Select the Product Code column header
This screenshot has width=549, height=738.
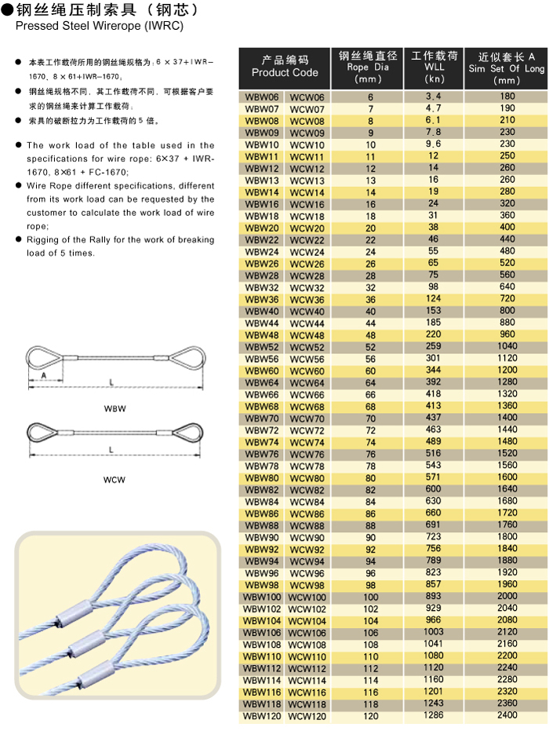285,67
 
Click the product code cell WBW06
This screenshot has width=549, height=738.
261,97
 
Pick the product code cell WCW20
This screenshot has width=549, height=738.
307,228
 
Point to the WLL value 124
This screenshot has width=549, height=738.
434,299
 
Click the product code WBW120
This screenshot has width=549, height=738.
261,716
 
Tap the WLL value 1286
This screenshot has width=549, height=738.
434,716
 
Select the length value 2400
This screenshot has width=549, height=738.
507,716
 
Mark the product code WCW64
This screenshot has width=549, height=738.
307,382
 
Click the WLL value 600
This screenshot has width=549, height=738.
434,489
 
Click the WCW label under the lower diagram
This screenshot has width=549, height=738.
115,479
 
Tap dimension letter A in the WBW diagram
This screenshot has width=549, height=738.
44,375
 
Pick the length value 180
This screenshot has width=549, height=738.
507,97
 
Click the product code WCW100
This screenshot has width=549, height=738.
307,597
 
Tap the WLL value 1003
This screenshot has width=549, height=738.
434,633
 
